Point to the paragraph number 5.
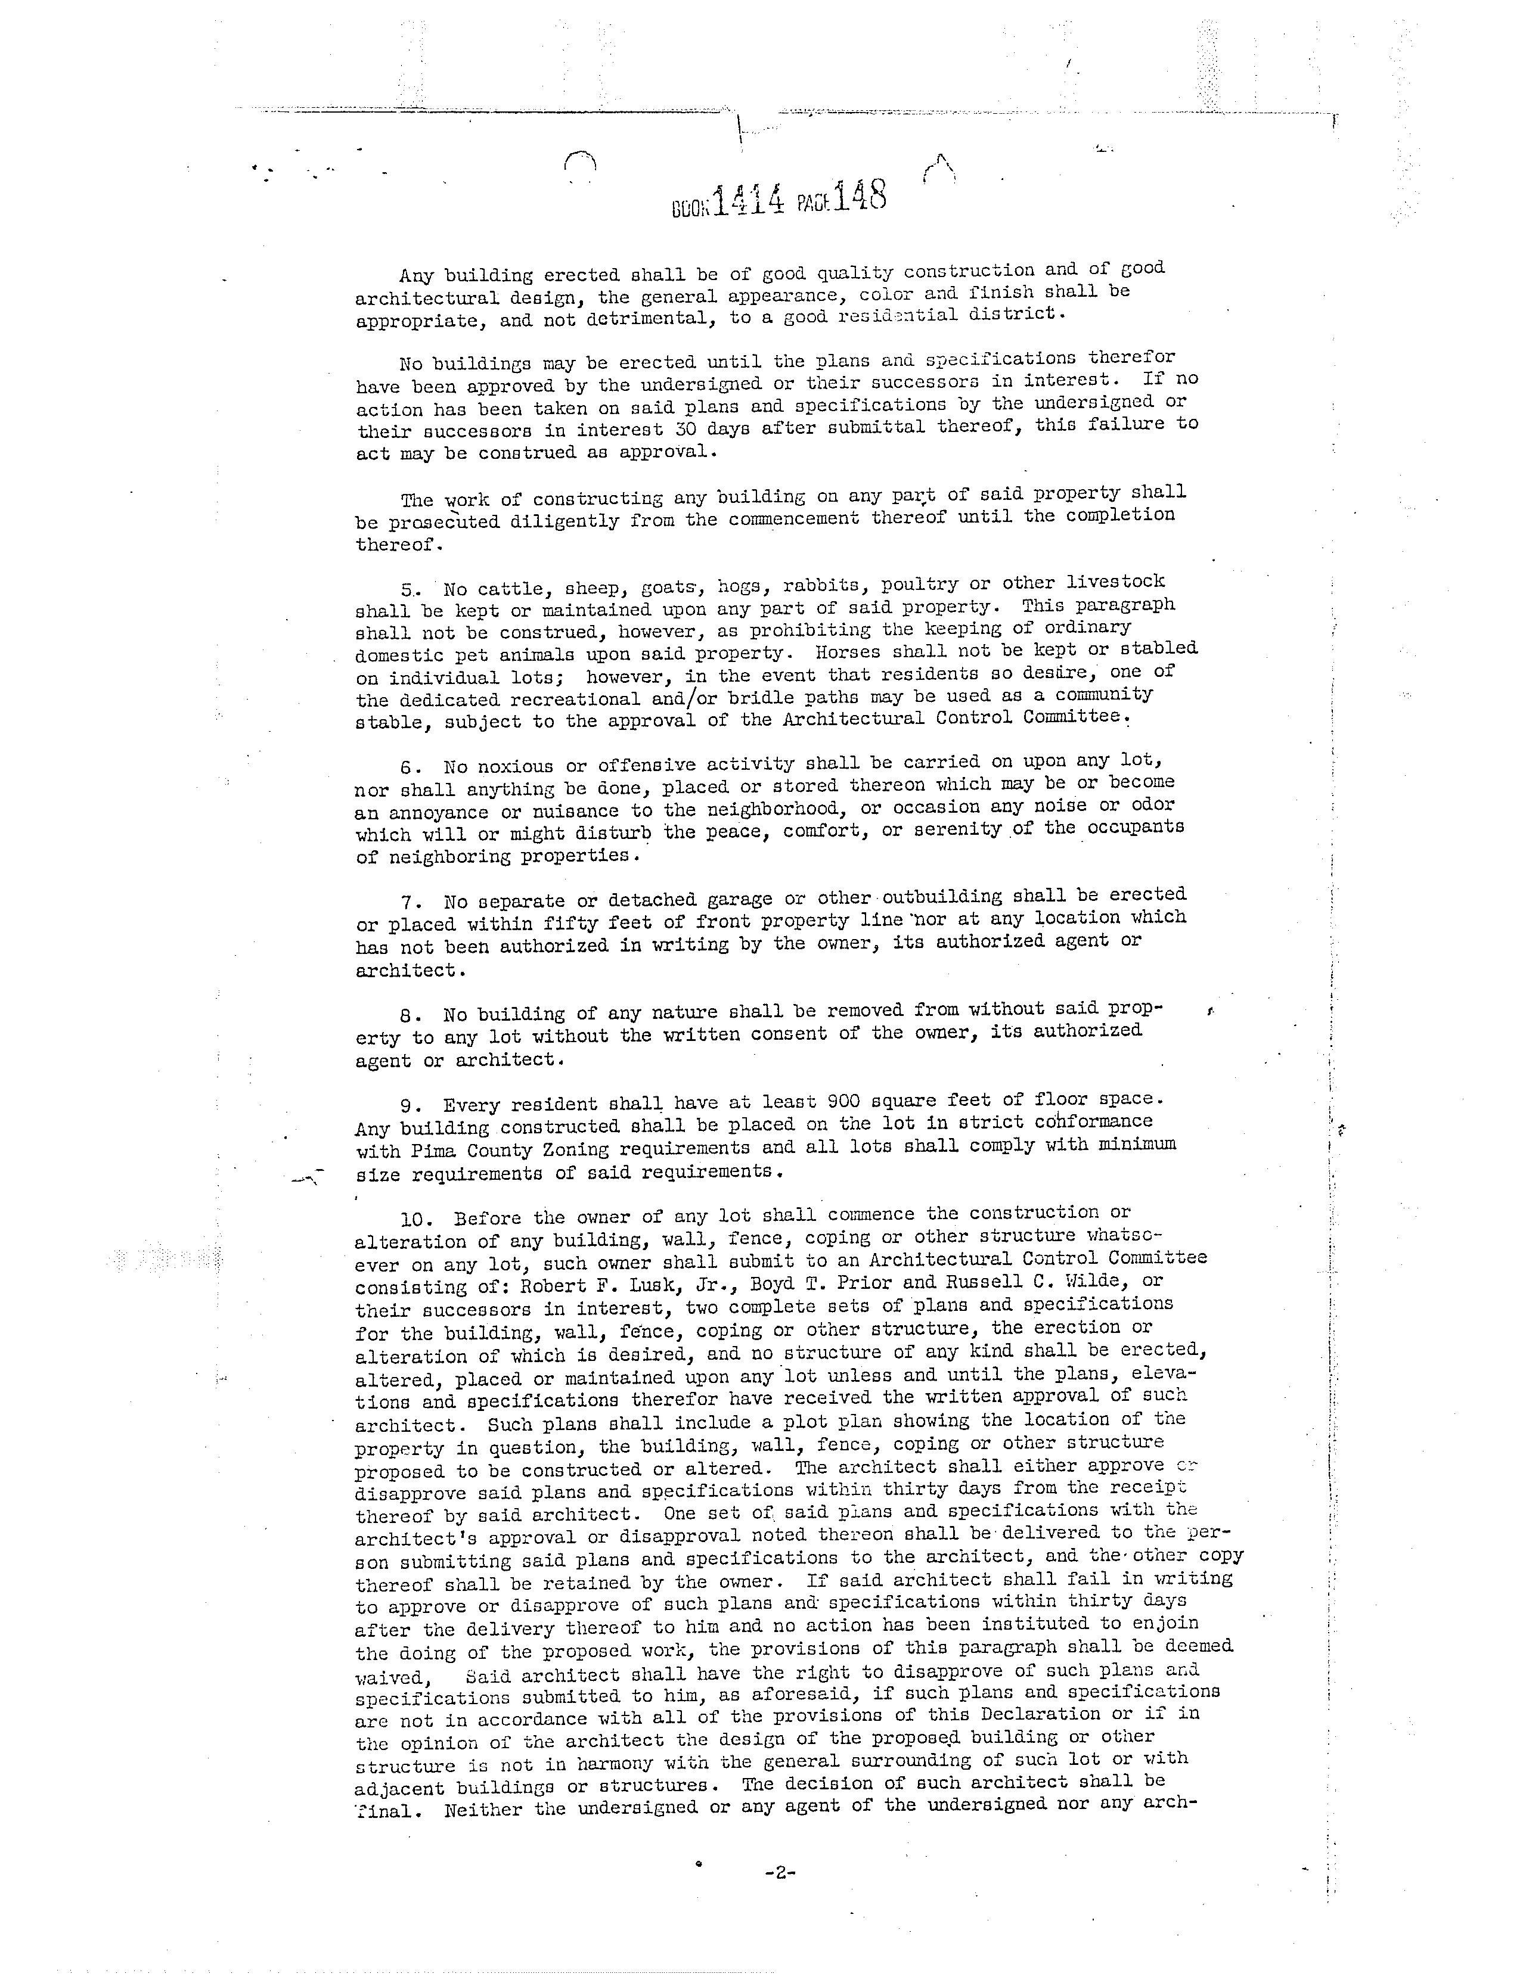coord(407,588)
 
